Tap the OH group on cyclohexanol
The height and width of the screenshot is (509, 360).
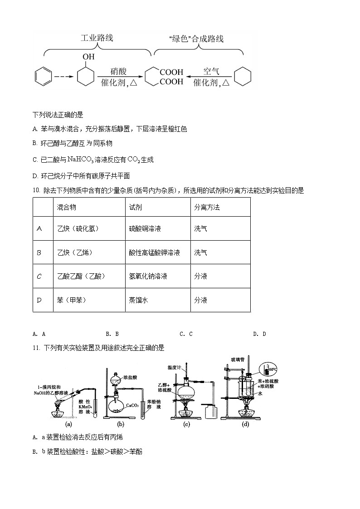pyautogui.click(x=88, y=57)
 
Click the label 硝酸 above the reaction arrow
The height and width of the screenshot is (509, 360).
pyautogui.click(x=119, y=72)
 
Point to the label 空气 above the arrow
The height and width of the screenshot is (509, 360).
pyautogui.click(x=211, y=72)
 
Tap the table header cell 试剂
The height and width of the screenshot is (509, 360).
pyautogui.click(x=135, y=207)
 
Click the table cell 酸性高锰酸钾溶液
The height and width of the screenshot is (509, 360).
pyautogui.click(x=154, y=252)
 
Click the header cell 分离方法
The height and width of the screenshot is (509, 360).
pyautogui.click(x=207, y=207)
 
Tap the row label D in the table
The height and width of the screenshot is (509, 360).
pyautogui.click(x=39, y=300)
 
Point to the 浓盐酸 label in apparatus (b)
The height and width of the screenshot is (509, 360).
pyautogui.click(x=130, y=377)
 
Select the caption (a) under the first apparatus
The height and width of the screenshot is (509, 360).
pyautogui.click(x=69, y=424)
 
